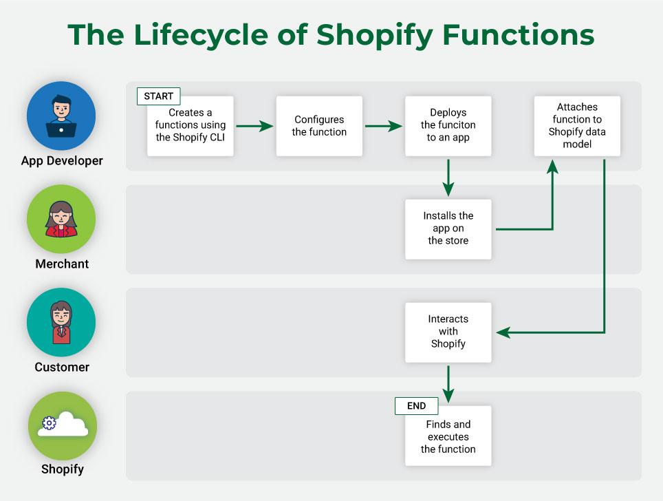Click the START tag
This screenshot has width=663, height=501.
click(x=158, y=96)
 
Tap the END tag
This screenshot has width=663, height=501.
click(x=416, y=406)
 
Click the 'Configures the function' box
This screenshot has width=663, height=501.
click(x=319, y=126)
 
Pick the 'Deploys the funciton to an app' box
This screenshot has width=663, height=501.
click(x=448, y=126)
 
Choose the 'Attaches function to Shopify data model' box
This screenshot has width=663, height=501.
click(x=577, y=126)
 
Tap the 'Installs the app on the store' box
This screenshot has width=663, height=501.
click(x=448, y=228)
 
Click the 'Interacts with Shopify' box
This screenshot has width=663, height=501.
click(x=448, y=332)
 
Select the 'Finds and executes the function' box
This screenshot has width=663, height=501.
click(x=448, y=436)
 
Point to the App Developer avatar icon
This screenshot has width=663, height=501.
click(x=61, y=116)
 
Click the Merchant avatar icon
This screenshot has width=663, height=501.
click(x=61, y=219)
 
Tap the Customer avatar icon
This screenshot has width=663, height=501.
click(x=61, y=322)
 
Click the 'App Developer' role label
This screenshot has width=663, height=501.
click(x=62, y=161)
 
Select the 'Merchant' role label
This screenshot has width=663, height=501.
click(x=62, y=264)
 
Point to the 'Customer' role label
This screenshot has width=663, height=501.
click(x=62, y=367)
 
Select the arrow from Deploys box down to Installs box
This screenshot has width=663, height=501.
click(x=448, y=178)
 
